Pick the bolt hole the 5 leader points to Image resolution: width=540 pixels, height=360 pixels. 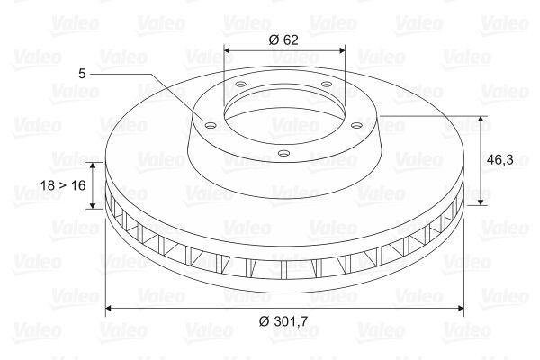pos(210,126)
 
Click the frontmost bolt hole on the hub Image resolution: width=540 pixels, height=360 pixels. pos(283,153)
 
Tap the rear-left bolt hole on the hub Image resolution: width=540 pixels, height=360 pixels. pos(241,85)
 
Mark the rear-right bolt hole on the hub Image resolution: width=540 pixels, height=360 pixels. pos(326,84)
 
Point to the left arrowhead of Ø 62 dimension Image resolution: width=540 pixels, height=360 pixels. pos(226,51)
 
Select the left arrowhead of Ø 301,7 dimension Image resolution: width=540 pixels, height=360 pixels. pos(110,309)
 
